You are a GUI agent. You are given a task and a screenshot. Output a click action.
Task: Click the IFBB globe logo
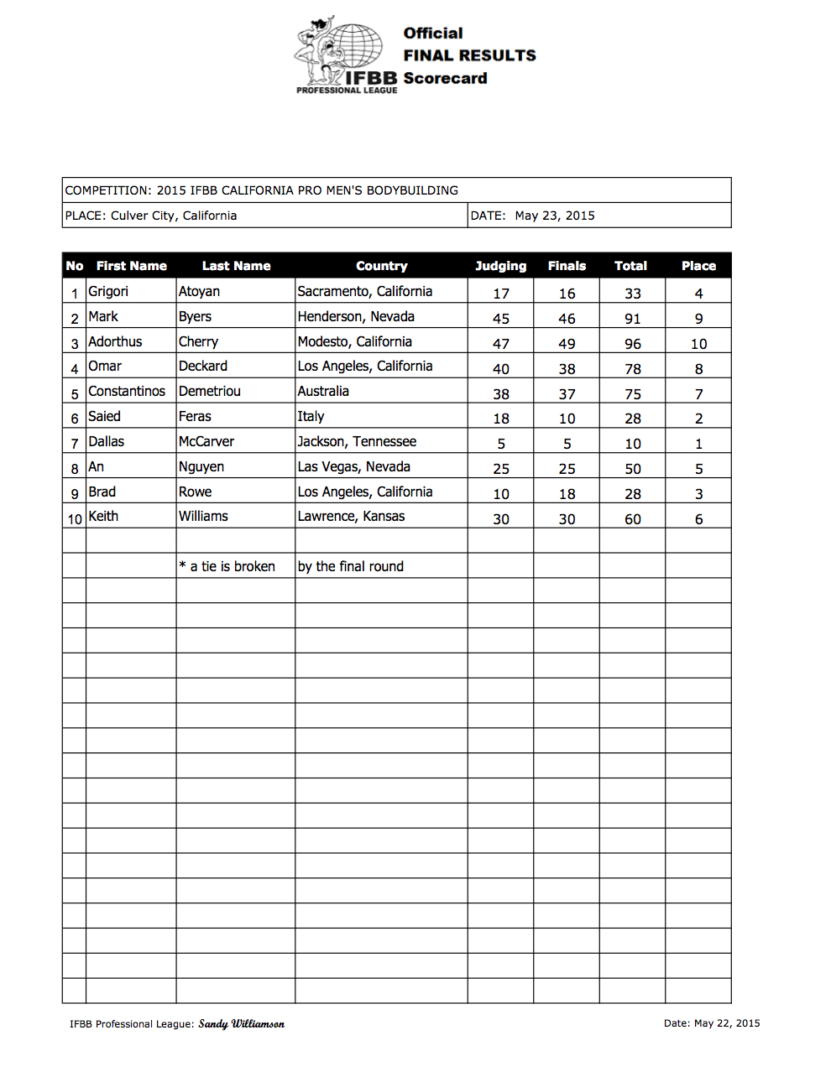(346, 52)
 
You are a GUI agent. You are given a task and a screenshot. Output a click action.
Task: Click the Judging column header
(500, 266)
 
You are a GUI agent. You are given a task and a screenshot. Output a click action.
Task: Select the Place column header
(698, 266)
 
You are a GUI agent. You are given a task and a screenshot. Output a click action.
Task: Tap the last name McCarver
(206, 442)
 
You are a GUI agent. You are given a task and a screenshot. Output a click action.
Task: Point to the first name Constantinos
(127, 392)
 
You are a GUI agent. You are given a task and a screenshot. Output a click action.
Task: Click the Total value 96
(633, 344)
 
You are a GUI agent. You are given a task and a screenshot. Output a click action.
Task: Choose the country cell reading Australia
(323, 392)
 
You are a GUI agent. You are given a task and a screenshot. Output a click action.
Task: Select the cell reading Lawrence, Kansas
(351, 517)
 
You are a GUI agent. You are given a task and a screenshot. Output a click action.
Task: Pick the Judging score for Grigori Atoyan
(501, 294)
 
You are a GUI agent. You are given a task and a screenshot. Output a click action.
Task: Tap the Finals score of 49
(567, 344)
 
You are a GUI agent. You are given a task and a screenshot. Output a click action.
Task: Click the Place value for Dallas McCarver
(698, 444)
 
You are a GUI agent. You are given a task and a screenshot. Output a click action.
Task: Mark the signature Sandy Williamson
(241, 1024)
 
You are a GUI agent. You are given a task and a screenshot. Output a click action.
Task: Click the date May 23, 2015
(555, 216)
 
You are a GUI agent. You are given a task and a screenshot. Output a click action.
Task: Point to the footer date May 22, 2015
(712, 1023)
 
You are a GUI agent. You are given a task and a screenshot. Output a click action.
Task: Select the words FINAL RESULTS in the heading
(469, 55)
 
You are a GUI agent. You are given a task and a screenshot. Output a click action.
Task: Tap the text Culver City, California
(174, 216)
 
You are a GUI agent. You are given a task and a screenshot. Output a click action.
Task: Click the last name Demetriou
(210, 392)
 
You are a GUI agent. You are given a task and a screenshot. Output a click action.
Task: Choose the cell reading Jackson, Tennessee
(357, 442)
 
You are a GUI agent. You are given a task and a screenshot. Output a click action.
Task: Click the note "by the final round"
(351, 567)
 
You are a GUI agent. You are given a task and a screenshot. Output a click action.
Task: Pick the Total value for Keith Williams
(633, 519)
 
